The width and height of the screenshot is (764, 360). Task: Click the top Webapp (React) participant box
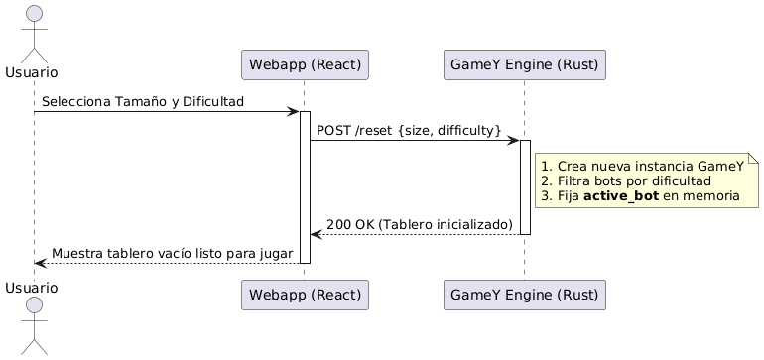tap(305, 65)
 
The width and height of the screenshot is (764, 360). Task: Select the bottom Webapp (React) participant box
tap(305, 296)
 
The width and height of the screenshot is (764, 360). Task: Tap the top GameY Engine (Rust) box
tap(524, 65)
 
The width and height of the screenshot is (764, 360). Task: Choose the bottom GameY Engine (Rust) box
tap(524, 296)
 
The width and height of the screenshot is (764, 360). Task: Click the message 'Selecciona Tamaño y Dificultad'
tap(143, 102)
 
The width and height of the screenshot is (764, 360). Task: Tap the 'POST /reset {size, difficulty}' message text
tap(409, 131)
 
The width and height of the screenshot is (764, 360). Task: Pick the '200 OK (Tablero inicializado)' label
tap(419, 225)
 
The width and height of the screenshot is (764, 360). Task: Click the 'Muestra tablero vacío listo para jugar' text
tap(172, 254)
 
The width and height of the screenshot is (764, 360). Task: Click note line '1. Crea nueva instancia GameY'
tap(642, 166)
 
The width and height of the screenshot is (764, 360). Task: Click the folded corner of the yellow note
tap(753, 159)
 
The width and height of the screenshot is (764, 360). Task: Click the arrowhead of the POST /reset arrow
tap(512, 140)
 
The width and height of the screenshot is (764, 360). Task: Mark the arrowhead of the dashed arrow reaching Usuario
tap(40, 263)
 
